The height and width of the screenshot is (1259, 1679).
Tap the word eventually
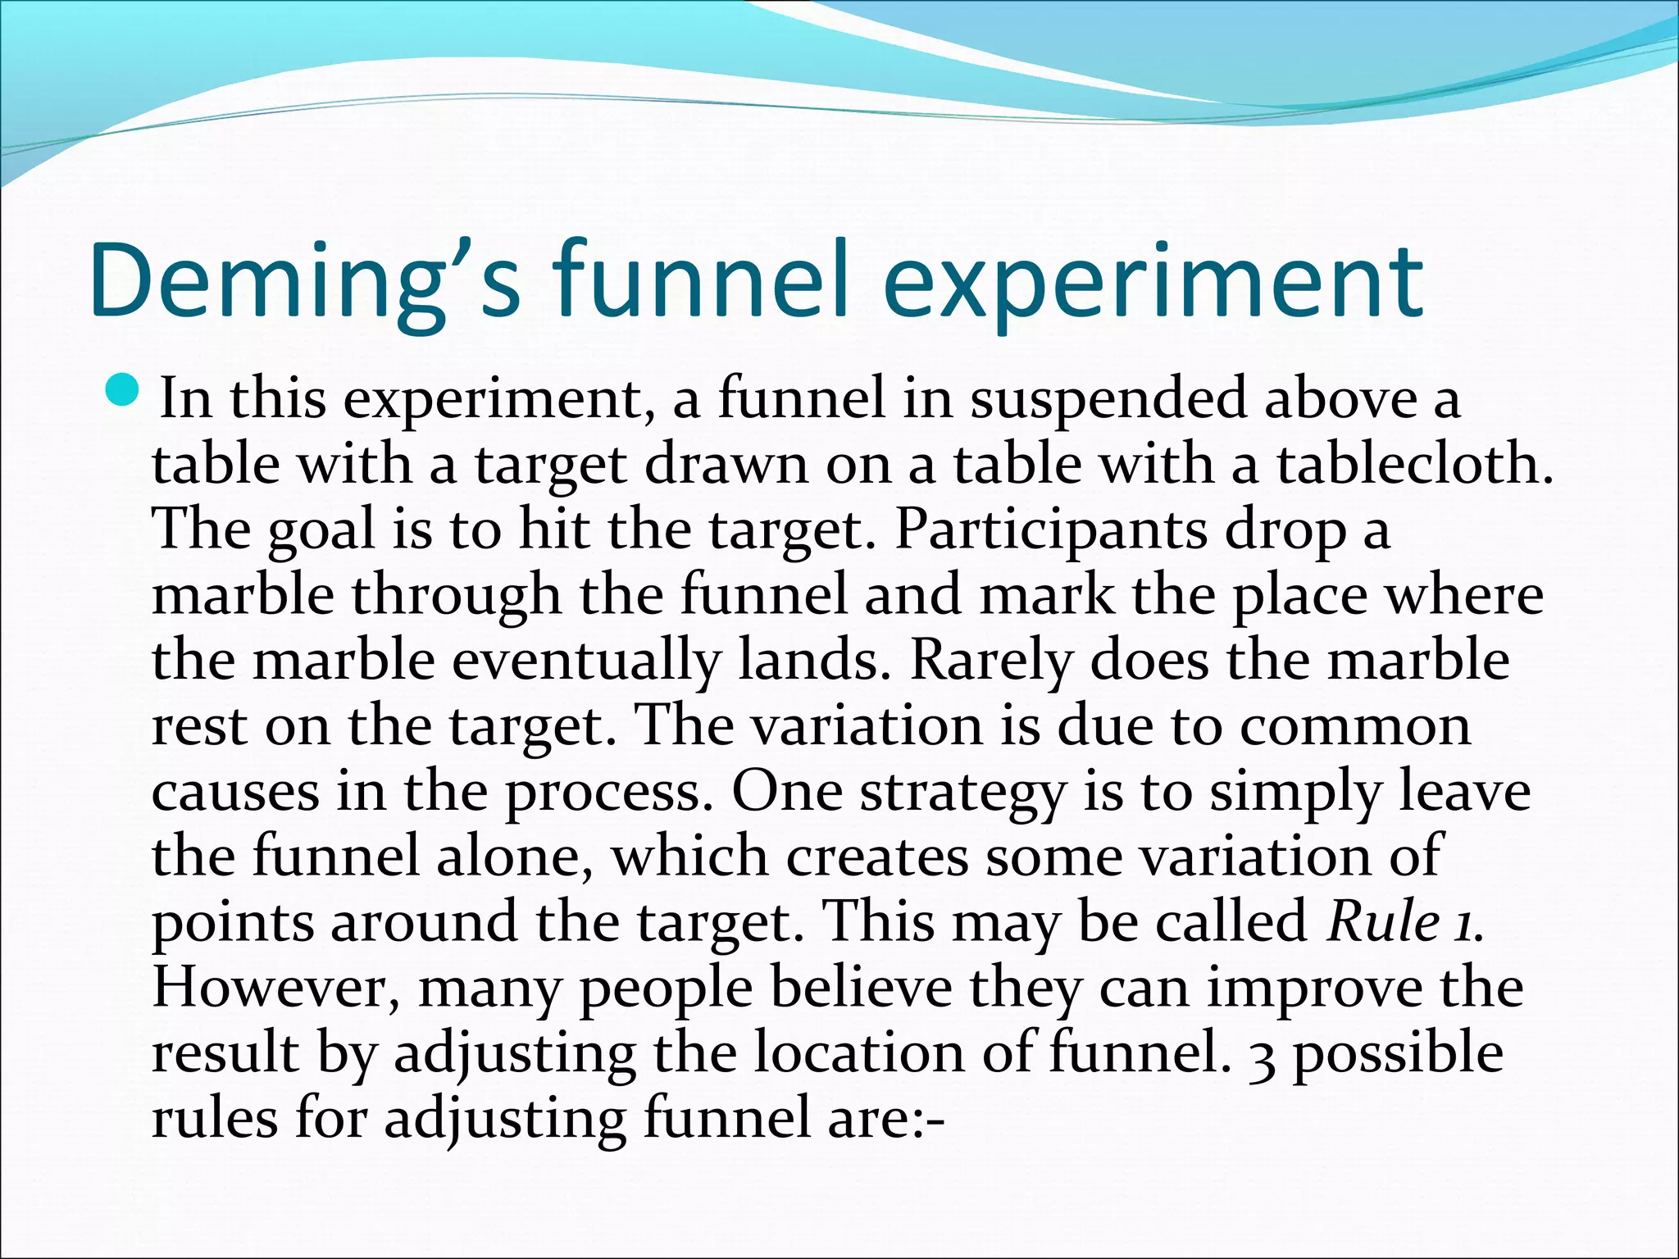585,661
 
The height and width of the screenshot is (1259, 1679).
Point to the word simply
1295,793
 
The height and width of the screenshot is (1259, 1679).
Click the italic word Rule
1384,922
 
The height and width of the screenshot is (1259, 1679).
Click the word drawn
726,465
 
